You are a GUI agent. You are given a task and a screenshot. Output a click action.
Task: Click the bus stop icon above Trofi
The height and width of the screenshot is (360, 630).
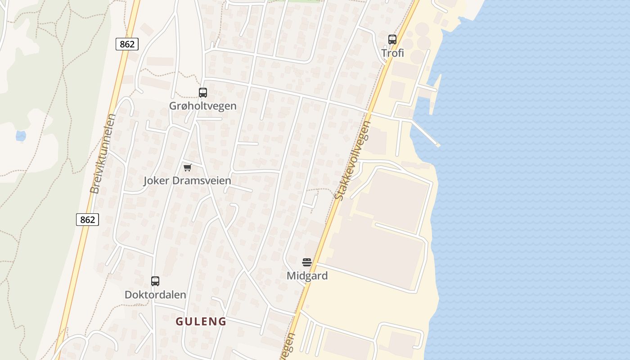[x=392, y=40]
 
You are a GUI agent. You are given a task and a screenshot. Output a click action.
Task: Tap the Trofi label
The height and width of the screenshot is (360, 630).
[x=392, y=53]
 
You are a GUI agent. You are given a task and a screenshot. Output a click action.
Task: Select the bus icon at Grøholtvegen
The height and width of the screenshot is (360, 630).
[x=203, y=93]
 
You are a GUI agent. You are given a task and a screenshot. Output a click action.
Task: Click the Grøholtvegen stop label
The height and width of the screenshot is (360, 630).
[x=202, y=106]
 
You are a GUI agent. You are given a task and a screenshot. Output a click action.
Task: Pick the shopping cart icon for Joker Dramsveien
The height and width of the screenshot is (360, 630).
[x=187, y=167]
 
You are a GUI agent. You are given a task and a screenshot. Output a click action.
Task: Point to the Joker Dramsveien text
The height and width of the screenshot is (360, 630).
[x=187, y=181]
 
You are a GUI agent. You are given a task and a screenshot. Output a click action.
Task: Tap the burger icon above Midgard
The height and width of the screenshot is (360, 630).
[x=307, y=262]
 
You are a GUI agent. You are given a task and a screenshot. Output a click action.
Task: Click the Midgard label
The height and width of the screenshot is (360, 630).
[x=307, y=276]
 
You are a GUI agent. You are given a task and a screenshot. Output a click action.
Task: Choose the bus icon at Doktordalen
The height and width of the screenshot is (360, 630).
[x=155, y=281]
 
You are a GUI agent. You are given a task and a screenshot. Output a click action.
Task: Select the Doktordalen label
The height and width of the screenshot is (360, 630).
[x=155, y=295]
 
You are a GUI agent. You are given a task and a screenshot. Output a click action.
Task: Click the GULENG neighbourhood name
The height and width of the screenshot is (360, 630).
[x=201, y=322]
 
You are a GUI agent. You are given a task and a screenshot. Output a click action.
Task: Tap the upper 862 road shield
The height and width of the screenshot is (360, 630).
[x=127, y=44]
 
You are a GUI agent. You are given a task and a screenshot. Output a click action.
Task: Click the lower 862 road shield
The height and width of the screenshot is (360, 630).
[x=87, y=220]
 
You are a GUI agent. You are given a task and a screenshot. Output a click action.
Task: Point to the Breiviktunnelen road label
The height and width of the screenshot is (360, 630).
[x=103, y=154]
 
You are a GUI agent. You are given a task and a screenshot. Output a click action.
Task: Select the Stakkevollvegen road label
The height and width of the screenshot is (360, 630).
[x=353, y=161]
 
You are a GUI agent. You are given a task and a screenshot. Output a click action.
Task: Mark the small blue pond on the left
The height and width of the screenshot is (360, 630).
[x=21, y=135]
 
